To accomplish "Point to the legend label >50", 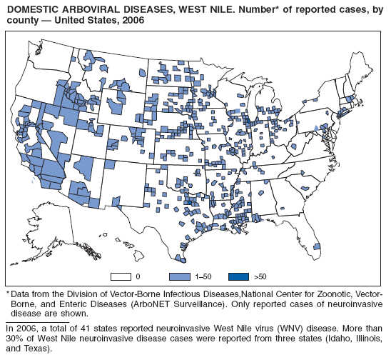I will click(260, 276).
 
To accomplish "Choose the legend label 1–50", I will click(203, 276).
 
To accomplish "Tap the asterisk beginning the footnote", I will click(8, 294).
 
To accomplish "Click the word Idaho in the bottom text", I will click(332, 339).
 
